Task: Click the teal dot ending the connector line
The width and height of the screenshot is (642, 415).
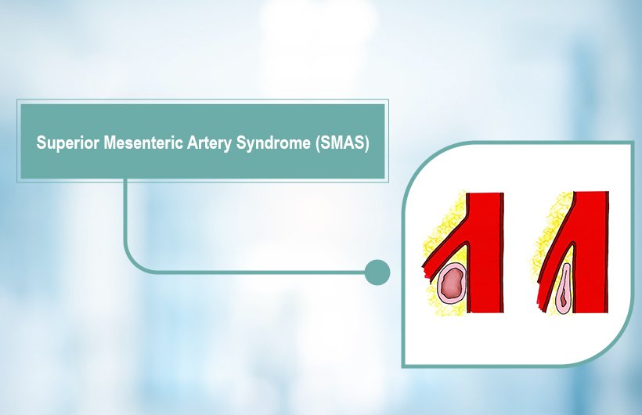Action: pos(377,272)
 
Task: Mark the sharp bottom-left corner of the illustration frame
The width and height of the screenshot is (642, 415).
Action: pos(404,365)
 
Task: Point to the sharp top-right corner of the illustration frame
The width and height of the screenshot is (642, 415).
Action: pos(632,143)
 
